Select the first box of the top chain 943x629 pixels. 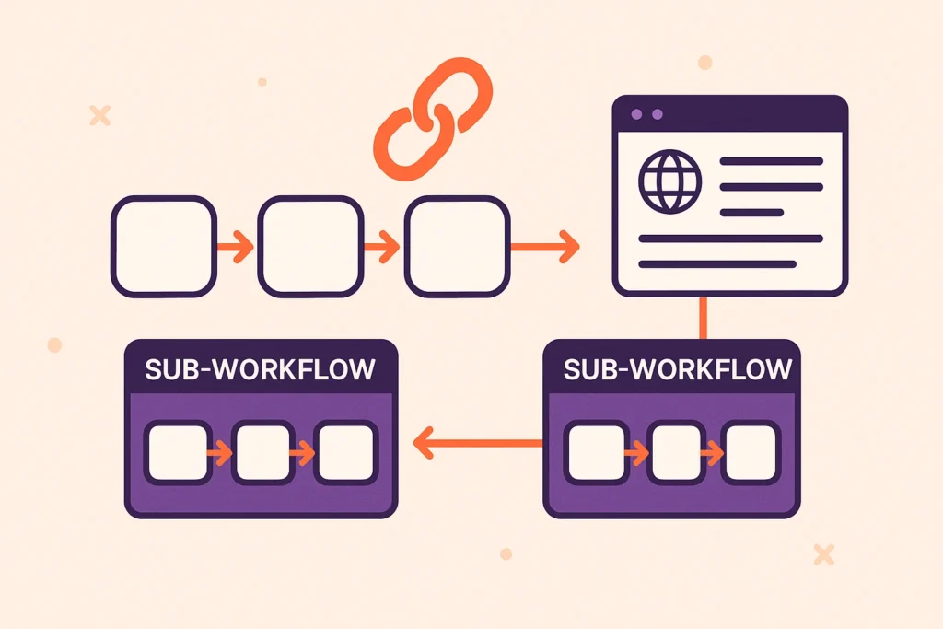pyautogui.click(x=164, y=246)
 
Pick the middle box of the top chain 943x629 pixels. pyautogui.click(x=310, y=246)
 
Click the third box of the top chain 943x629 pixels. pyautogui.click(x=458, y=246)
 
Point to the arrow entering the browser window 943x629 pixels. pyautogui.click(x=545, y=246)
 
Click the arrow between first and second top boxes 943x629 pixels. pyautogui.click(x=236, y=246)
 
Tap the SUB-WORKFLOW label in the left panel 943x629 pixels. pyautogui.click(x=261, y=369)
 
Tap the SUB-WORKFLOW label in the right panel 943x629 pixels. pyautogui.click(x=677, y=369)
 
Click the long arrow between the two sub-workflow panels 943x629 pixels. pyautogui.click(x=477, y=444)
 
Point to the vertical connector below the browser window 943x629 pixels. pyautogui.click(x=704, y=317)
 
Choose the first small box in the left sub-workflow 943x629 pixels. pyautogui.click(x=179, y=452)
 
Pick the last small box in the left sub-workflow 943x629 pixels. pyautogui.click(x=344, y=452)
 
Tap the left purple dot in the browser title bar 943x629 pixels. pyautogui.click(x=634, y=115)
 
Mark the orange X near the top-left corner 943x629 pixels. pyautogui.click(x=99, y=115)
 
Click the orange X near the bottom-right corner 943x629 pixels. pyautogui.click(x=824, y=553)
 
